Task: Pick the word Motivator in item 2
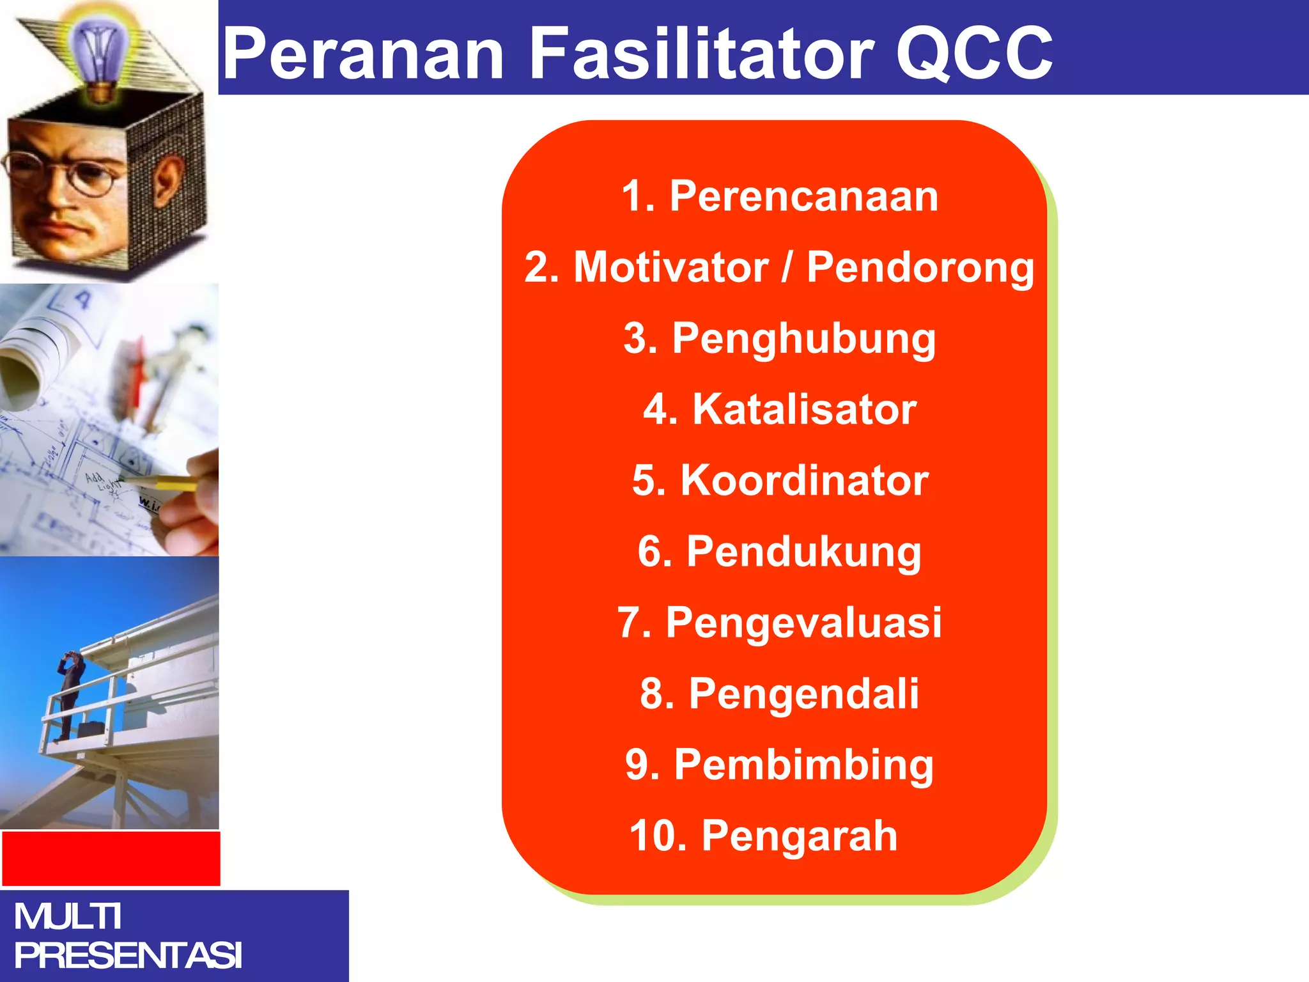click(x=670, y=267)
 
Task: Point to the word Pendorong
click(x=920, y=268)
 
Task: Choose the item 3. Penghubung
click(x=780, y=339)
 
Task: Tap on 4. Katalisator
click(x=780, y=409)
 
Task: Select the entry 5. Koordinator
click(x=780, y=480)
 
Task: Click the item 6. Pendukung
click(x=780, y=552)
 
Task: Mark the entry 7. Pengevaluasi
click(x=780, y=623)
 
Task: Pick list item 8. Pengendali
click(x=780, y=694)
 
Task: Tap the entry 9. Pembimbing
click(x=780, y=765)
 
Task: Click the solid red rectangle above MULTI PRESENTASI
click(x=111, y=859)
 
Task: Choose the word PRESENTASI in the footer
click(x=128, y=956)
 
